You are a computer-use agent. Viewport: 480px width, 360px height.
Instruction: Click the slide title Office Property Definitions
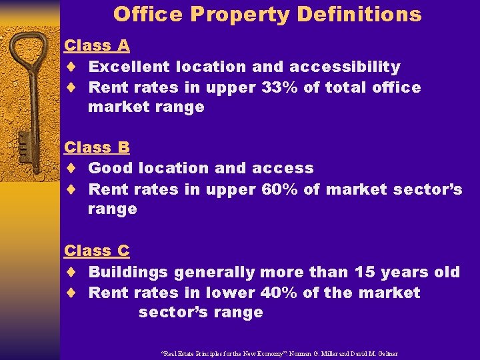[x=267, y=14]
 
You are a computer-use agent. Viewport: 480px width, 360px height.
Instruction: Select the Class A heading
[x=97, y=45]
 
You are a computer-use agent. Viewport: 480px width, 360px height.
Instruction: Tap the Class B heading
[x=97, y=147]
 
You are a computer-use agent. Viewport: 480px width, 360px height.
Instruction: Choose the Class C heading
[x=97, y=251]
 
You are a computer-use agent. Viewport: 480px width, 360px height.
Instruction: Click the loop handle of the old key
[x=30, y=53]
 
